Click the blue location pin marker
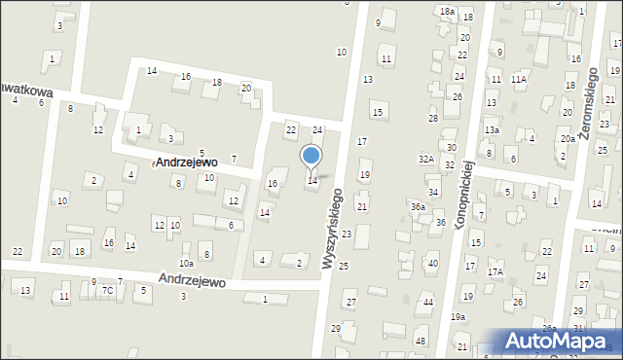[x=311, y=157]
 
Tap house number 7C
[x=108, y=290]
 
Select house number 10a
[x=186, y=263]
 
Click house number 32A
[x=426, y=159]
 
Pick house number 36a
[x=418, y=206]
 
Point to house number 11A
[x=519, y=80]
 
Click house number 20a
[x=568, y=139]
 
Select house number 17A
[x=495, y=272]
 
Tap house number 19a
[x=458, y=317]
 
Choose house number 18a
[x=447, y=11]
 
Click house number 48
[x=421, y=341]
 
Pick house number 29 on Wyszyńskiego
[x=336, y=328]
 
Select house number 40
[x=433, y=264]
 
